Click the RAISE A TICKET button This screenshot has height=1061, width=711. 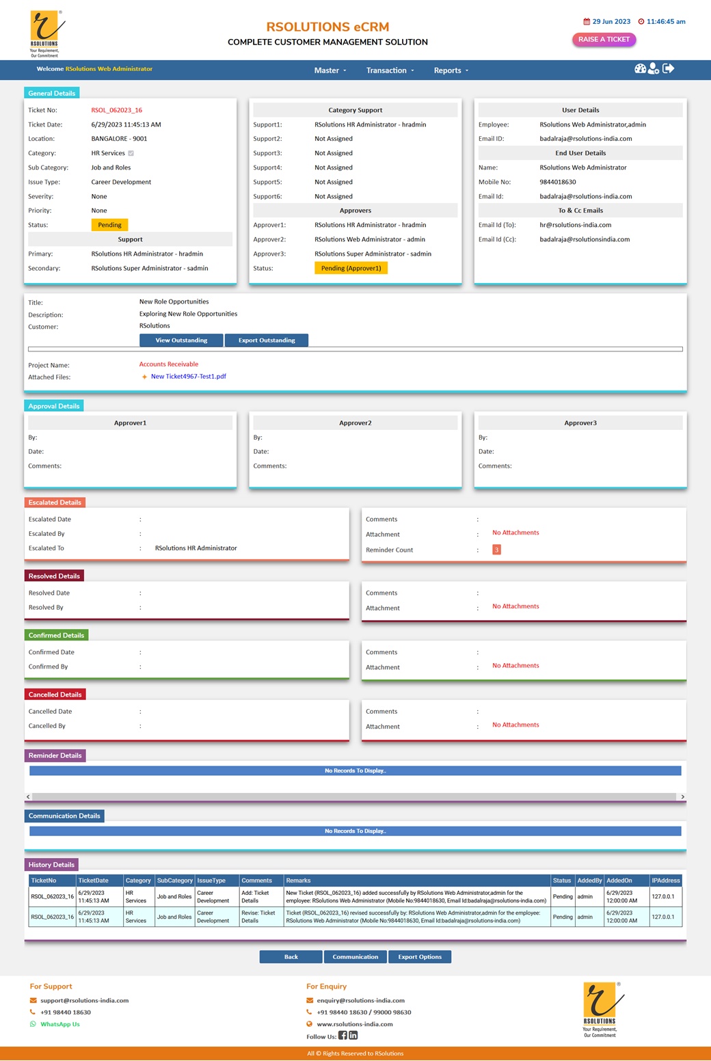pos(604,40)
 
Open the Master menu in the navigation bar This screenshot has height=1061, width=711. pos(330,70)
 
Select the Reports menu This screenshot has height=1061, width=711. pos(451,70)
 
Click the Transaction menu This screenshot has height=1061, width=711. pos(390,70)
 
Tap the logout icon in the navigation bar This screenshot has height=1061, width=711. pos(669,68)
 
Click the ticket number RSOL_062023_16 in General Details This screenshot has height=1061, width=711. pos(116,110)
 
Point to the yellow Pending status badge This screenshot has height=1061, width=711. pos(109,225)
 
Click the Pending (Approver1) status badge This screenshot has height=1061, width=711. pos(351,268)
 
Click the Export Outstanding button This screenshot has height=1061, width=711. pos(267,340)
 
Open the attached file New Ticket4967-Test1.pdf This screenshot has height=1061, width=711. pos(188,377)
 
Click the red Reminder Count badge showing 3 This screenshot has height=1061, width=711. pos(496,550)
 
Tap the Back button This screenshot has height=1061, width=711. pos(291,957)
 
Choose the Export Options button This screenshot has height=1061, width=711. pos(420,957)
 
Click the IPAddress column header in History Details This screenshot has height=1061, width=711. pos(665,881)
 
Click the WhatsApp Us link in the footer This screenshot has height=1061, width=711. pos(59,1024)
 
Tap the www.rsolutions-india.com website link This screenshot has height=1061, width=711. pos(354,1024)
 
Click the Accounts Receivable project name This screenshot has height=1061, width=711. pos(169,364)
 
